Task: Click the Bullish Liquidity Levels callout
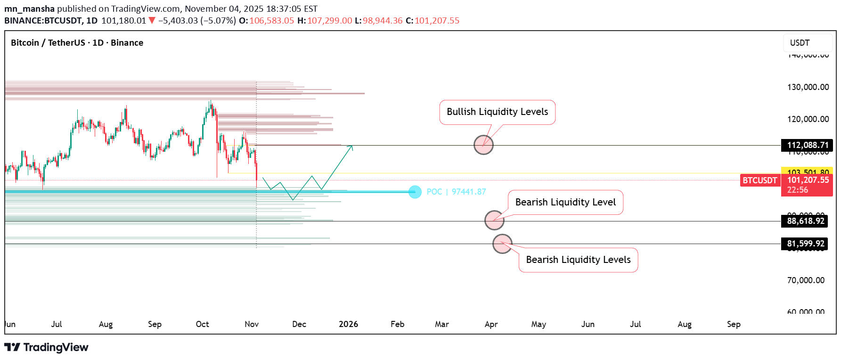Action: pyautogui.click(x=497, y=112)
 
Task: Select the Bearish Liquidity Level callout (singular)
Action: pyautogui.click(x=565, y=203)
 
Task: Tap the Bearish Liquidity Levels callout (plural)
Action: pyautogui.click(x=578, y=260)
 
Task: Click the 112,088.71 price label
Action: pyautogui.click(x=807, y=145)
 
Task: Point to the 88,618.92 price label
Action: pyautogui.click(x=806, y=221)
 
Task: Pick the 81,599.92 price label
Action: pyautogui.click(x=806, y=244)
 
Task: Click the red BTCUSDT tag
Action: pyautogui.click(x=759, y=180)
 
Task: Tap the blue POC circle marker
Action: pyautogui.click(x=415, y=192)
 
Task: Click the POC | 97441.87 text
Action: pyautogui.click(x=456, y=192)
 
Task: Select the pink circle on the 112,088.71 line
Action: pyautogui.click(x=483, y=145)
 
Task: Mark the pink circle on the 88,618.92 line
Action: pyautogui.click(x=494, y=220)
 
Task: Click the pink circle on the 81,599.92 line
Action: pyautogui.click(x=502, y=244)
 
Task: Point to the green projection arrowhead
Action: pyautogui.click(x=351, y=147)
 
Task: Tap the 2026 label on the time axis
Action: pyautogui.click(x=348, y=324)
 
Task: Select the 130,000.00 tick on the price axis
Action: pyautogui.click(x=808, y=87)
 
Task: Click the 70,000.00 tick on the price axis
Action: pyautogui.click(x=806, y=280)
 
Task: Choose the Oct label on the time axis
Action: pyautogui.click(x=202, y=324)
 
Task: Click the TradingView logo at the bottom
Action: pyautogui.click(x=46, y=347)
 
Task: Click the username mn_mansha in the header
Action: pyautogui.click(x=29, y=9)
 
